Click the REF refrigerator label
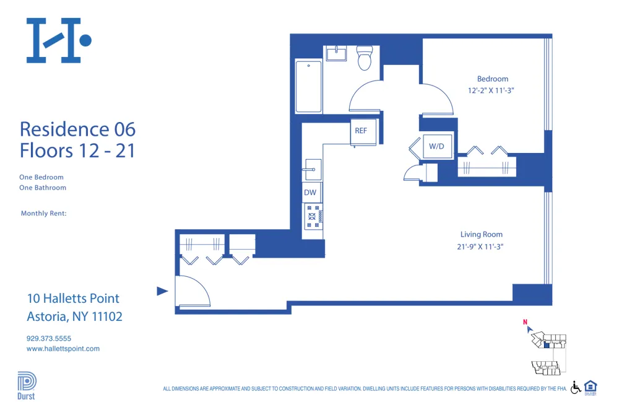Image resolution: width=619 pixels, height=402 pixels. coord(361,131)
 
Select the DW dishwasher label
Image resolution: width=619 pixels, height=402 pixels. coord(309,193)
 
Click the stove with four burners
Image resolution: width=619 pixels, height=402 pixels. coord(313,216)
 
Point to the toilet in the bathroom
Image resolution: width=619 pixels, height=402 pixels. coord(365,58)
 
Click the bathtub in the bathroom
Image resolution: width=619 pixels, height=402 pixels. coord(308,86)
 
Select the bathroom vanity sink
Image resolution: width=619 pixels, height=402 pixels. coord(337,53)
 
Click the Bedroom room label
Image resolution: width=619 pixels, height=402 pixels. coord(492,79)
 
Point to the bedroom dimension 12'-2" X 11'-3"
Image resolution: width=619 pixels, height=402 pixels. coord(491,90)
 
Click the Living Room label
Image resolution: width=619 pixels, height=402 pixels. coord(481,234)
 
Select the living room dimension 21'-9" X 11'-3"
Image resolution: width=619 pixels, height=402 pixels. coord(481,247)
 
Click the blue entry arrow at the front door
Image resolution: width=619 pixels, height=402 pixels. coord(162,291)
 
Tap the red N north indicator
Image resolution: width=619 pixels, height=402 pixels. coord(525,322)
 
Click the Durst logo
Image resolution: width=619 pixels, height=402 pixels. coord(26,385)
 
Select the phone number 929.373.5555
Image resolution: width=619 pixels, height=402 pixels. coord(49,338)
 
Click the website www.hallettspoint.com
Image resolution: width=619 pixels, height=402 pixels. coord(63,349)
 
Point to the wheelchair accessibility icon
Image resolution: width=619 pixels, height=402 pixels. coord(576,387)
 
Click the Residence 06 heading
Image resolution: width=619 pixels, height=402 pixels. coord(77,129)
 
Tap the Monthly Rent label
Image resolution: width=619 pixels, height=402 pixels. coord(43,214)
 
